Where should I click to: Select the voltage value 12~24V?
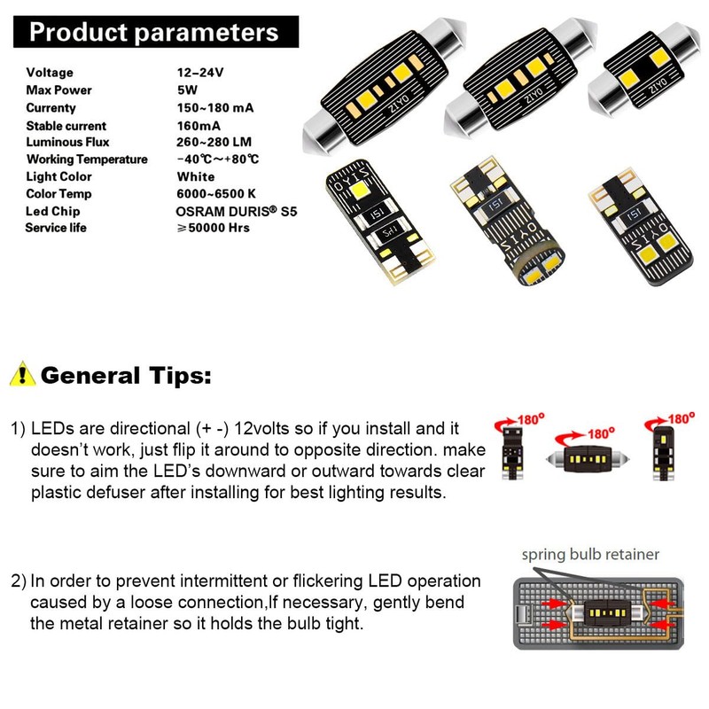pyautogui.click(x=200, y=73)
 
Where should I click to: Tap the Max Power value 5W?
pyautogui.click(x=187, y=90)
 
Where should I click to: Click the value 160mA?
pyautogui.click(x=199, y=126)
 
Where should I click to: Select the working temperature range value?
pyautogui.click(x=218, y=160)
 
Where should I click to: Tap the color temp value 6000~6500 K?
pyautogui.click(x=216, y=193)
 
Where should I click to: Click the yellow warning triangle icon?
pyautogui.click(x=22, y=373)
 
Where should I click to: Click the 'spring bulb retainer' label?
pyautogui.click(x=589, y=555)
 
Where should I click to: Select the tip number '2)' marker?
pyautogui.click(x=19, y=582)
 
